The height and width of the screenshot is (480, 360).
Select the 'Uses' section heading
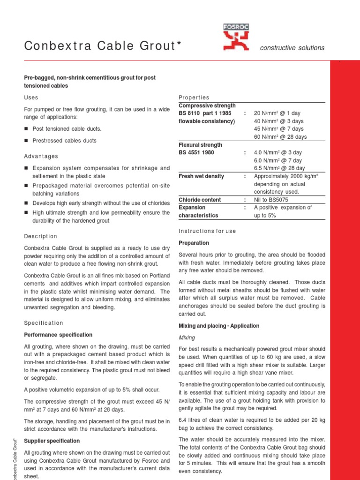31,97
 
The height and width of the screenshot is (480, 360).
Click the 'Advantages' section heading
41,156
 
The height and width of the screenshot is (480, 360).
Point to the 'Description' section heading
40,236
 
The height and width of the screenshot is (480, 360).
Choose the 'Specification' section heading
43,323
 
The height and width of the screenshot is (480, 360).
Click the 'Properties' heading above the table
194,97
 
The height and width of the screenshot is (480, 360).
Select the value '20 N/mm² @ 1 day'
277,113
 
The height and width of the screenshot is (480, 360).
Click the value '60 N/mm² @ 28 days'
280,137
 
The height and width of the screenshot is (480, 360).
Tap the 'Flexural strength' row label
201,145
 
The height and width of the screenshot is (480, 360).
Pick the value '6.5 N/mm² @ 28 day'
279,168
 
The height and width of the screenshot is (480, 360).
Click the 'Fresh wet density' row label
202,176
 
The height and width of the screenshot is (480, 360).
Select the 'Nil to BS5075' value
271,200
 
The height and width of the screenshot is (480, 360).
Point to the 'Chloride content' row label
200,200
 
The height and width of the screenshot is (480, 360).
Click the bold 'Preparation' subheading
194,243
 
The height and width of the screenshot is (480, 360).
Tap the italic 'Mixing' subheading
187,337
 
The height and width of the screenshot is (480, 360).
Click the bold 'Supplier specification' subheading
52,441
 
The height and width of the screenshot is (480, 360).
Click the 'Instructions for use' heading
208,231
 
